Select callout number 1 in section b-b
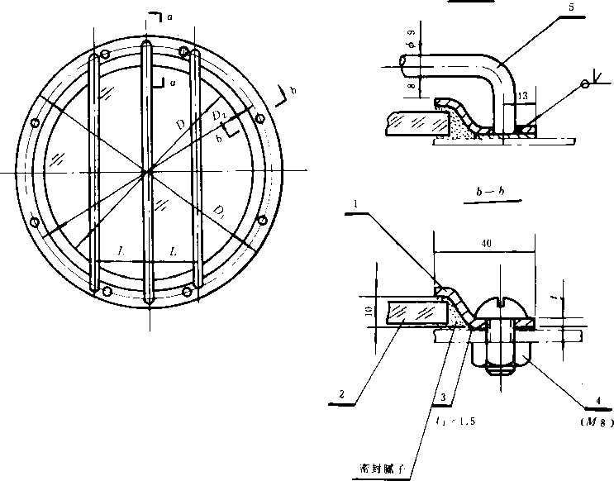point(355,203)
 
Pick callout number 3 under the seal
point(443,398)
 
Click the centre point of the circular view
point(146,172)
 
